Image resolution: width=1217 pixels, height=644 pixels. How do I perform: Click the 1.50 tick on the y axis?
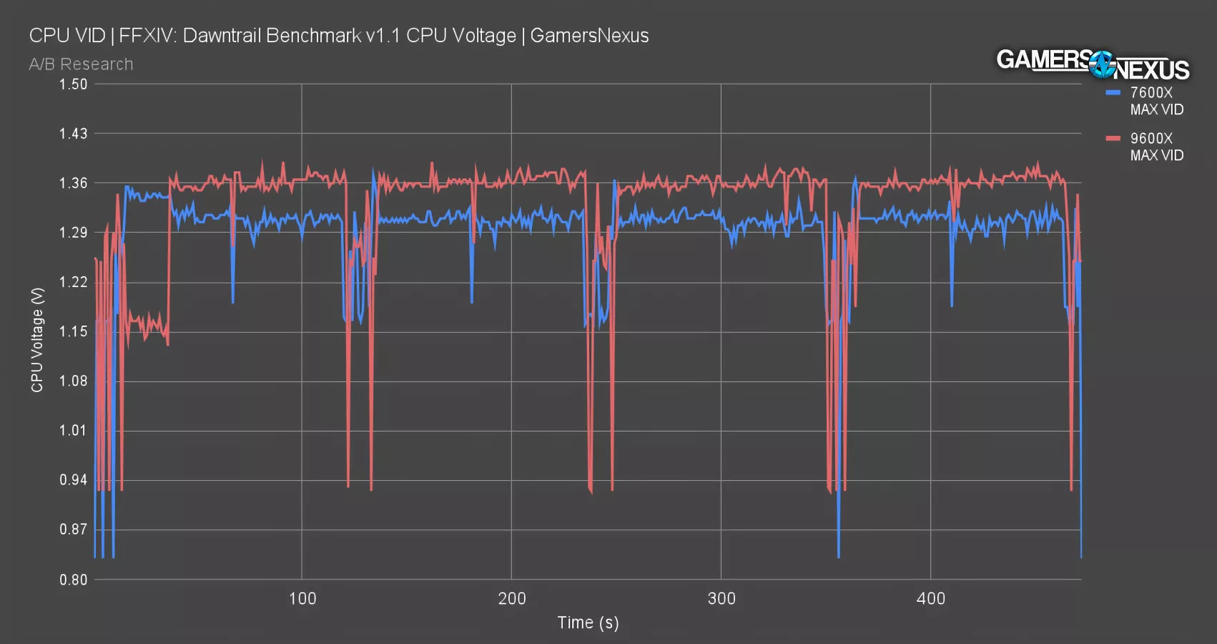[73, 84]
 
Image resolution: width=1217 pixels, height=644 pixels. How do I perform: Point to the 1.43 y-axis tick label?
[73, 134]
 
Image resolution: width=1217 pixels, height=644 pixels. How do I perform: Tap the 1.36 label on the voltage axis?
[73, 183]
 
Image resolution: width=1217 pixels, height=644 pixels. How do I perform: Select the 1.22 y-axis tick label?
[73, 282]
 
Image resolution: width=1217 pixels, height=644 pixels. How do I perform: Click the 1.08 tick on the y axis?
[73, 381]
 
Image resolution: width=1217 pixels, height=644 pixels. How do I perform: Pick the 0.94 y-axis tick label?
[73, 480]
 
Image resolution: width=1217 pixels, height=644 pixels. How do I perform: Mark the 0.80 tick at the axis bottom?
[73, 580]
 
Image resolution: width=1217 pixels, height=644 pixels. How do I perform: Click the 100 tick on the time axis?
[302, 599]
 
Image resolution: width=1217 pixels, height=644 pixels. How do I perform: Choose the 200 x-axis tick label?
[511, 599]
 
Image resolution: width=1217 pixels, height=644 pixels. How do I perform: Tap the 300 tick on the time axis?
[721, 599]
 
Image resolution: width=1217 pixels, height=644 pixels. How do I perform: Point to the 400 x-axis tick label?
[930, 599]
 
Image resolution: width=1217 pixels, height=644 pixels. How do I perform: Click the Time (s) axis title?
[588, 623]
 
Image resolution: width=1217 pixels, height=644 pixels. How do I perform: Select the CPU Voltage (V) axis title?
[37, 340]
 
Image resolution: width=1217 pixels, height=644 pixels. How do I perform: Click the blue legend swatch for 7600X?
[1113, 93]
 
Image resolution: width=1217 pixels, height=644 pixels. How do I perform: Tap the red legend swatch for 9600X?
[1113, 138]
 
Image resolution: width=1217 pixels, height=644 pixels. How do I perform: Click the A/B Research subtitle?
[81, 64]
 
